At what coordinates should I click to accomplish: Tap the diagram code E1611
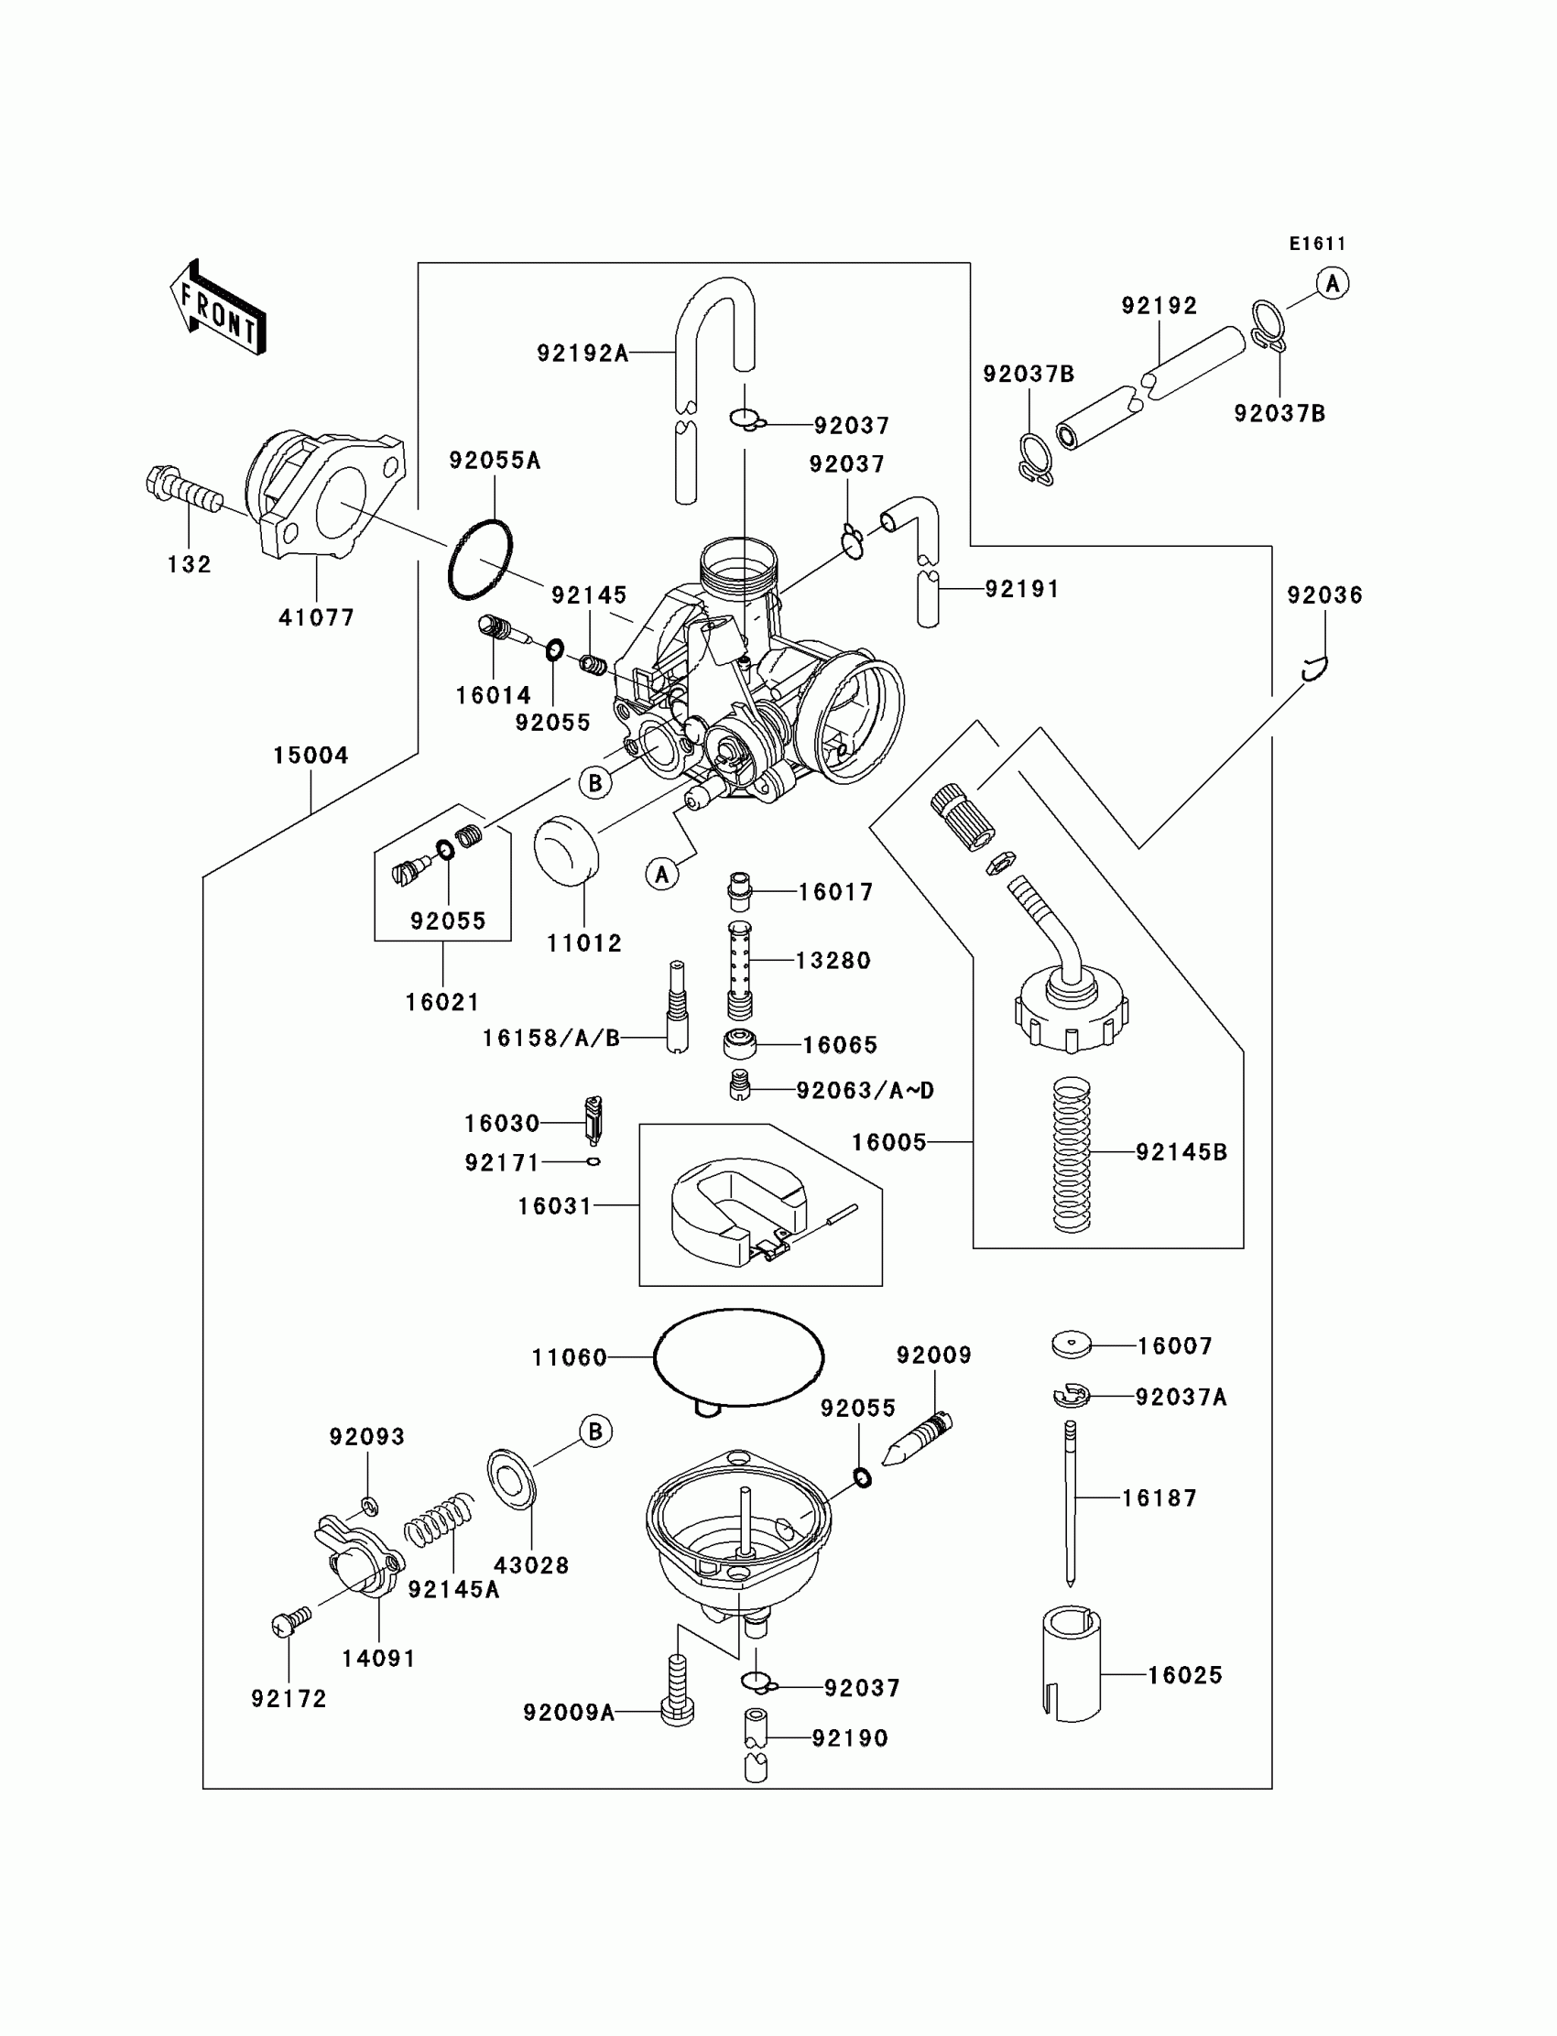1317,244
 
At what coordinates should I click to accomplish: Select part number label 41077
317,617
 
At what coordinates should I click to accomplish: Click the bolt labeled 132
184,488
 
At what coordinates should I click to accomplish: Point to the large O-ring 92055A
480,559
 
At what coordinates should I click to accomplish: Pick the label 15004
310,756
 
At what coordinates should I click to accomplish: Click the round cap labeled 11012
566,847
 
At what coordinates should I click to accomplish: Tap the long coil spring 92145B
1072,1154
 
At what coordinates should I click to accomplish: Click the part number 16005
888,1143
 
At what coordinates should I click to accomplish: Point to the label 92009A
569,1713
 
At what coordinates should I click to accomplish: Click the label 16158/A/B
550,1038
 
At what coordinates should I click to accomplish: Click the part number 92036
1324,595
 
